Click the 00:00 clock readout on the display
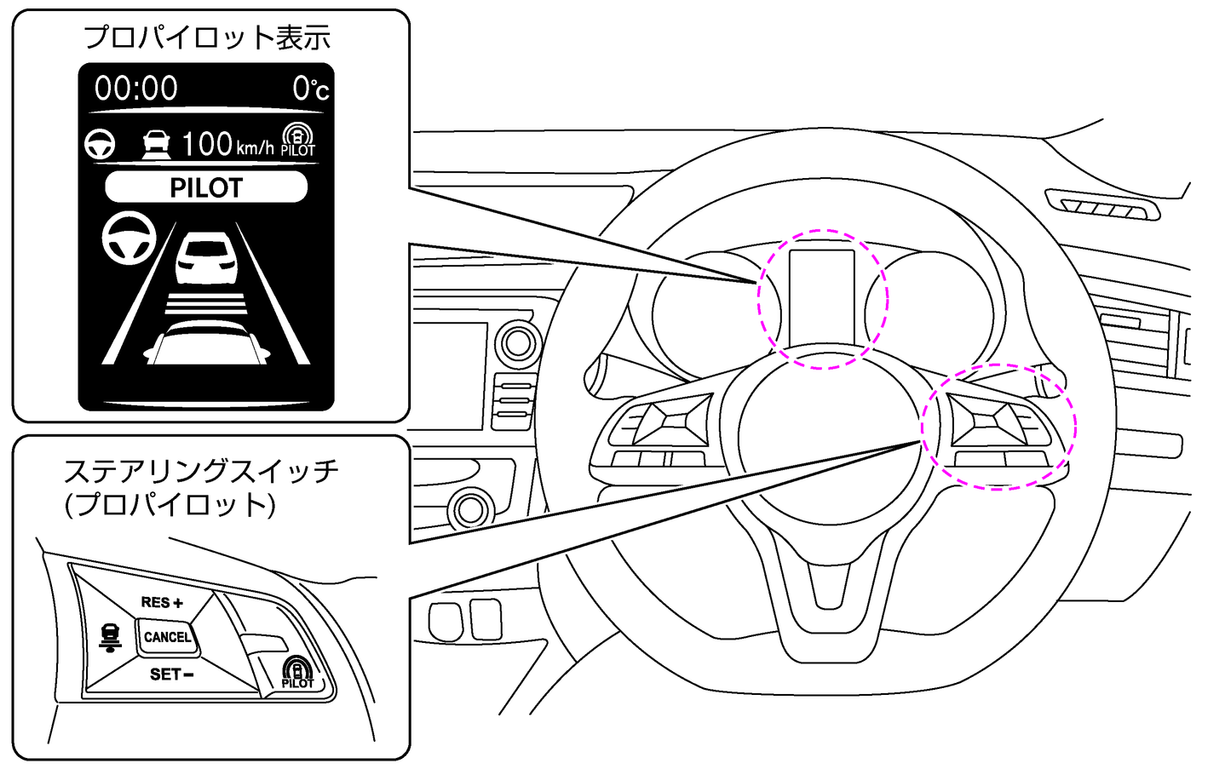pyautogui.click(x=136, y=89)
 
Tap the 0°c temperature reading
pyautogui.click(x=310, y=89)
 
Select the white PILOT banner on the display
pyautogui.click(x=206, y=187)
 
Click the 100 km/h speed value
pyautogui.click(x=227, y=144)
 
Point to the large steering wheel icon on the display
pyautogui.click(x=129, y=238)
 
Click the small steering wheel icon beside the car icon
pyautogui.click(x=100, y=144)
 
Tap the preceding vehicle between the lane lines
pyautogui.click(x=205, y=259)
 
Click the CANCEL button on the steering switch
pyautogui.click(x=167, y=637)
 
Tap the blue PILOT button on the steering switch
pyautogui.click(x=297, y=674)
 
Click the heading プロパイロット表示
pyautogui.click(x=207, y=37)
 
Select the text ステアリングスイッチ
pyautogui.click(x=201, y=470)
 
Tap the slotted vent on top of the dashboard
pyautogui.click(x=1102, y=207)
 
